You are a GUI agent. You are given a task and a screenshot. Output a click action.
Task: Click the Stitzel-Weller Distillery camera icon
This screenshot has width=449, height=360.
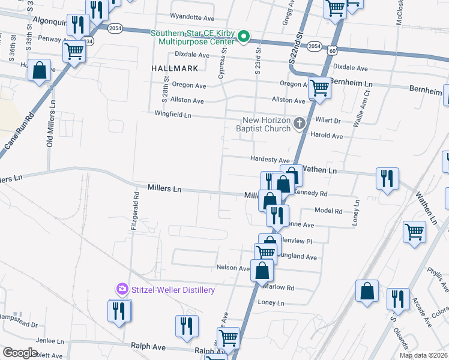pyautogui.click(x=121, y=290)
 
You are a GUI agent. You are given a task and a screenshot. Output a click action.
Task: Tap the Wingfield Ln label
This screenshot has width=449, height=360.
pyautogui.click(x=173, y=114)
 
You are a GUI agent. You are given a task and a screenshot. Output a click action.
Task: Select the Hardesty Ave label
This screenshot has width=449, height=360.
pyautogui.click(x=270, y=160)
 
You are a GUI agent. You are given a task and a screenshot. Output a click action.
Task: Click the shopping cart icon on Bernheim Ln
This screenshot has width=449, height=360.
pyautogui.click(x=319, y=88)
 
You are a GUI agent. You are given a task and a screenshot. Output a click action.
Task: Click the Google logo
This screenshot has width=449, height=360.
pyautogui.click(x=20, y=353)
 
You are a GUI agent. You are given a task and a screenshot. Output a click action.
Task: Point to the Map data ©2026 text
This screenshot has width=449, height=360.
pyautogui.click(x=423, y=355)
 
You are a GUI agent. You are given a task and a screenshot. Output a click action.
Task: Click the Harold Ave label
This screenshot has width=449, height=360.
pyautogui.click(x=326, y=136)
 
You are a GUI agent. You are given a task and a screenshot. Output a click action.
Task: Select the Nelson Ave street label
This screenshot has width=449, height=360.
pyautogui.click(x=232, y=268)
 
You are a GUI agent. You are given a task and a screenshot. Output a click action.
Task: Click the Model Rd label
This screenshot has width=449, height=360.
pyautogui.click(x=328, y=211)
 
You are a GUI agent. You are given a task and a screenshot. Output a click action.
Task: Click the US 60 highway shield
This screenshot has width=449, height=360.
pyautogui.click(x=332, y=52)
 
